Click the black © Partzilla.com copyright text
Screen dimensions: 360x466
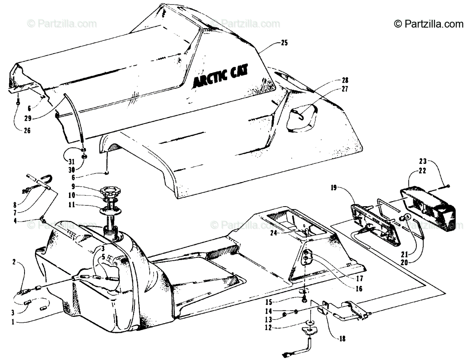point(428,24)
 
